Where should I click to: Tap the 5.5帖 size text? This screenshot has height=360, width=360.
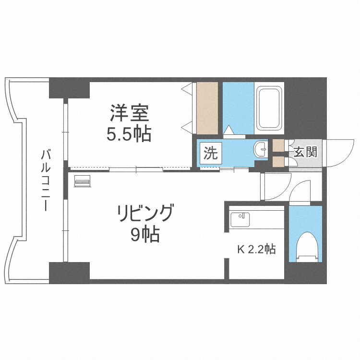(x=129, y=134)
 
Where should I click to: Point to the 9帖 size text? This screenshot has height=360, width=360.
(x=144, y=235)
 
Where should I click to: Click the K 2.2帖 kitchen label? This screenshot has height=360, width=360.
(x=257, y=250)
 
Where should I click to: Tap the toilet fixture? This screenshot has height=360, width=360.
(x=305, y=247)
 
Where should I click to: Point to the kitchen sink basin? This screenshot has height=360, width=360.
(x=240, y=220)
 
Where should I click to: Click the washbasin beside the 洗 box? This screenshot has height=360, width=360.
(x=262, y=149)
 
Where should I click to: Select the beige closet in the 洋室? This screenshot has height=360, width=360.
(x=207, y=108)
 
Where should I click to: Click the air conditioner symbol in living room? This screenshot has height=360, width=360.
(x=83, y=181)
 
